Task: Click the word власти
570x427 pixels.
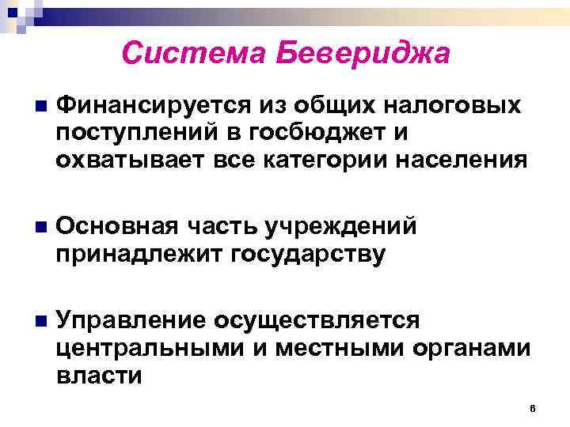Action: click(x=100, y=375)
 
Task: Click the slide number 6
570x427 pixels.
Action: click(x=533, y=408)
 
